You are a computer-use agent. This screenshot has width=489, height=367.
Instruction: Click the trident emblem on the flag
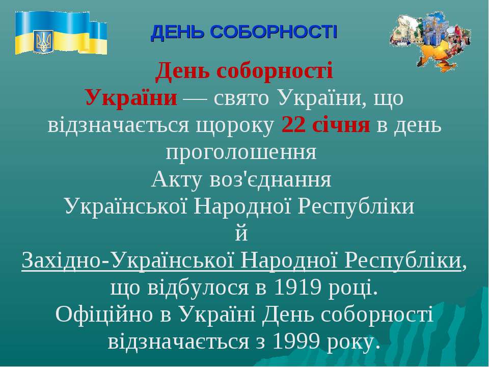[x=43, y=41]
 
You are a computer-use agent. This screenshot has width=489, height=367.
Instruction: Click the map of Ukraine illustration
[x=430, y=41]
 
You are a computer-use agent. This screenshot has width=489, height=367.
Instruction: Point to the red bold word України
[x=131, y=97]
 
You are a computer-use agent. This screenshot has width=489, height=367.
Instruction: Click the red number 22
[x=293, y=125]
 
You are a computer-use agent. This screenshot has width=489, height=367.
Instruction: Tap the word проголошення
[x=241, y=152]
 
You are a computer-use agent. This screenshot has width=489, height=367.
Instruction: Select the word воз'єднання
[x=270, y=180]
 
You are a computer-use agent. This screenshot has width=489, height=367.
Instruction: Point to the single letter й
[x=241, y=233]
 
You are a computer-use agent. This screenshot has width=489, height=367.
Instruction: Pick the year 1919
[x=297, y=287]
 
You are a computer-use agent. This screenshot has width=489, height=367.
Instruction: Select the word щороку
[x=235, y=125]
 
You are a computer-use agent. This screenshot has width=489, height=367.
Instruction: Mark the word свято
[x=241, y=98]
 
